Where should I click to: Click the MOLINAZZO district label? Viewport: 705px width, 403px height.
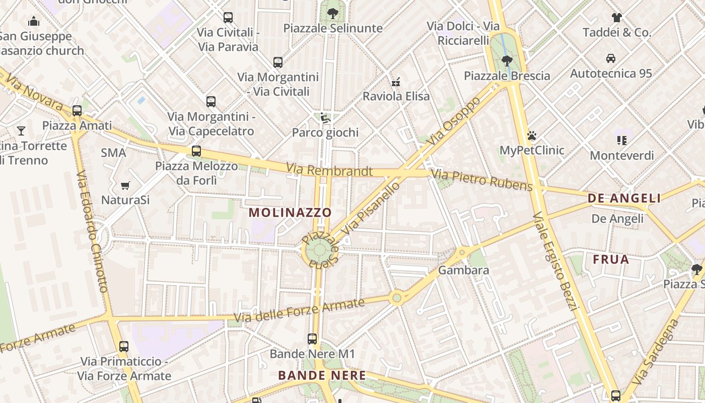point(290,213)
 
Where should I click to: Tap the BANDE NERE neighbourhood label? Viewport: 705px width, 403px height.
point(322,375)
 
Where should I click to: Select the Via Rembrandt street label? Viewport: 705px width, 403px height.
point(329,170)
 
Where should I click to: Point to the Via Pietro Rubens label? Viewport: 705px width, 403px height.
point(482,181)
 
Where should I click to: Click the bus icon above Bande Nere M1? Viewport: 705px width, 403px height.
point(312,339)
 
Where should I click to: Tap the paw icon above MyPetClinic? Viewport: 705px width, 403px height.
point(531,136)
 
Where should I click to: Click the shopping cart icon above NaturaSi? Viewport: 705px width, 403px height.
point(125,185)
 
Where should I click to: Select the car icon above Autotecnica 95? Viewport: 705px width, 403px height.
point(611,58)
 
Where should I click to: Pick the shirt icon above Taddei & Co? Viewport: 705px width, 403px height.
point(617,18)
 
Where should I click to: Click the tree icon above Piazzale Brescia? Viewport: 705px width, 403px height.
point(507,61)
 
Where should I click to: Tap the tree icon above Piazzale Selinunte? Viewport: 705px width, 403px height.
point(332,14)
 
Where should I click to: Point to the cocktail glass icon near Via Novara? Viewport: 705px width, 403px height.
point(21,131)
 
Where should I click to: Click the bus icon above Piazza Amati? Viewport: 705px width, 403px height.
point(77,111)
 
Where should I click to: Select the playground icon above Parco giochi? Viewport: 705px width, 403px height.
point(325,118)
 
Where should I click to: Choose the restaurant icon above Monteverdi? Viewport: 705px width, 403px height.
point(621,141)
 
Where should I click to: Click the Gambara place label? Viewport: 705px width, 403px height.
point(463,270)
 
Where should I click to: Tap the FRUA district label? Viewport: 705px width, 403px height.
point(611,259)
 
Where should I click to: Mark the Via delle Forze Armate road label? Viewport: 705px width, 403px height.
point(299,310)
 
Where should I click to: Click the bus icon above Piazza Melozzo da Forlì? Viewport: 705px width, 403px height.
point(196,151)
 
